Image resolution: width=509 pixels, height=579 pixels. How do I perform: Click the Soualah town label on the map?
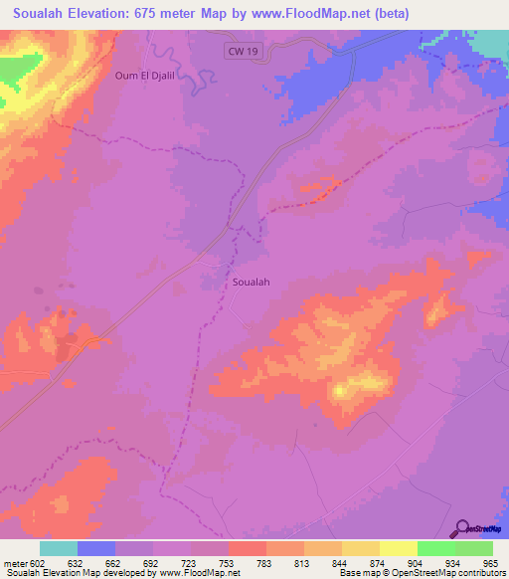click(x=251, y=282)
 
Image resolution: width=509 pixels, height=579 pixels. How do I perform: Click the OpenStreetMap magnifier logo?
click(x=462, y=529)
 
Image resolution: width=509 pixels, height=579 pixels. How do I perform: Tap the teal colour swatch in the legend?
click(x=58, y=548)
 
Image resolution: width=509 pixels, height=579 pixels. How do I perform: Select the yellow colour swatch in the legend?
click(x=398, y=548)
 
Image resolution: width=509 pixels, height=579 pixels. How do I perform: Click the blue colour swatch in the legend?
click(x=95, y=548)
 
